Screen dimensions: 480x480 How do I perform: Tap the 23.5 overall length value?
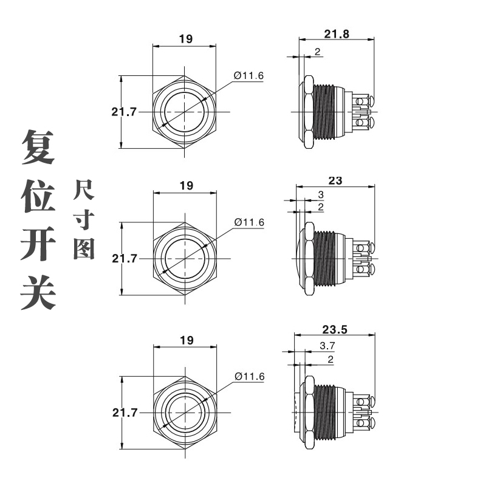[x=335, y=331]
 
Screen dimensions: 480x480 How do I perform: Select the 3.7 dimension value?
[x=326, y=346]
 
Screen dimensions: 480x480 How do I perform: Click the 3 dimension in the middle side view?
[x=321, y=195]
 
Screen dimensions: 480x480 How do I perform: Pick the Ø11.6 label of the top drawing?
[x=249, y=75]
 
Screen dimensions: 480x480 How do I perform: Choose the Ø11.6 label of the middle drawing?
[x=249, y=222]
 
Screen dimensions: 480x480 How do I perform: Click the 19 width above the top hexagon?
[x=185, y=39]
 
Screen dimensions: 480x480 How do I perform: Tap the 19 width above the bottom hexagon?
[x=185, y=340]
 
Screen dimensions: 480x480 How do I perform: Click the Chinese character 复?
[x=38, y=146]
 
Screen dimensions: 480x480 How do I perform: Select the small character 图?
[x=84, y=248]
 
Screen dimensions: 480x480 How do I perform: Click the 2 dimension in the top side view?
[x=318, y=52]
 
